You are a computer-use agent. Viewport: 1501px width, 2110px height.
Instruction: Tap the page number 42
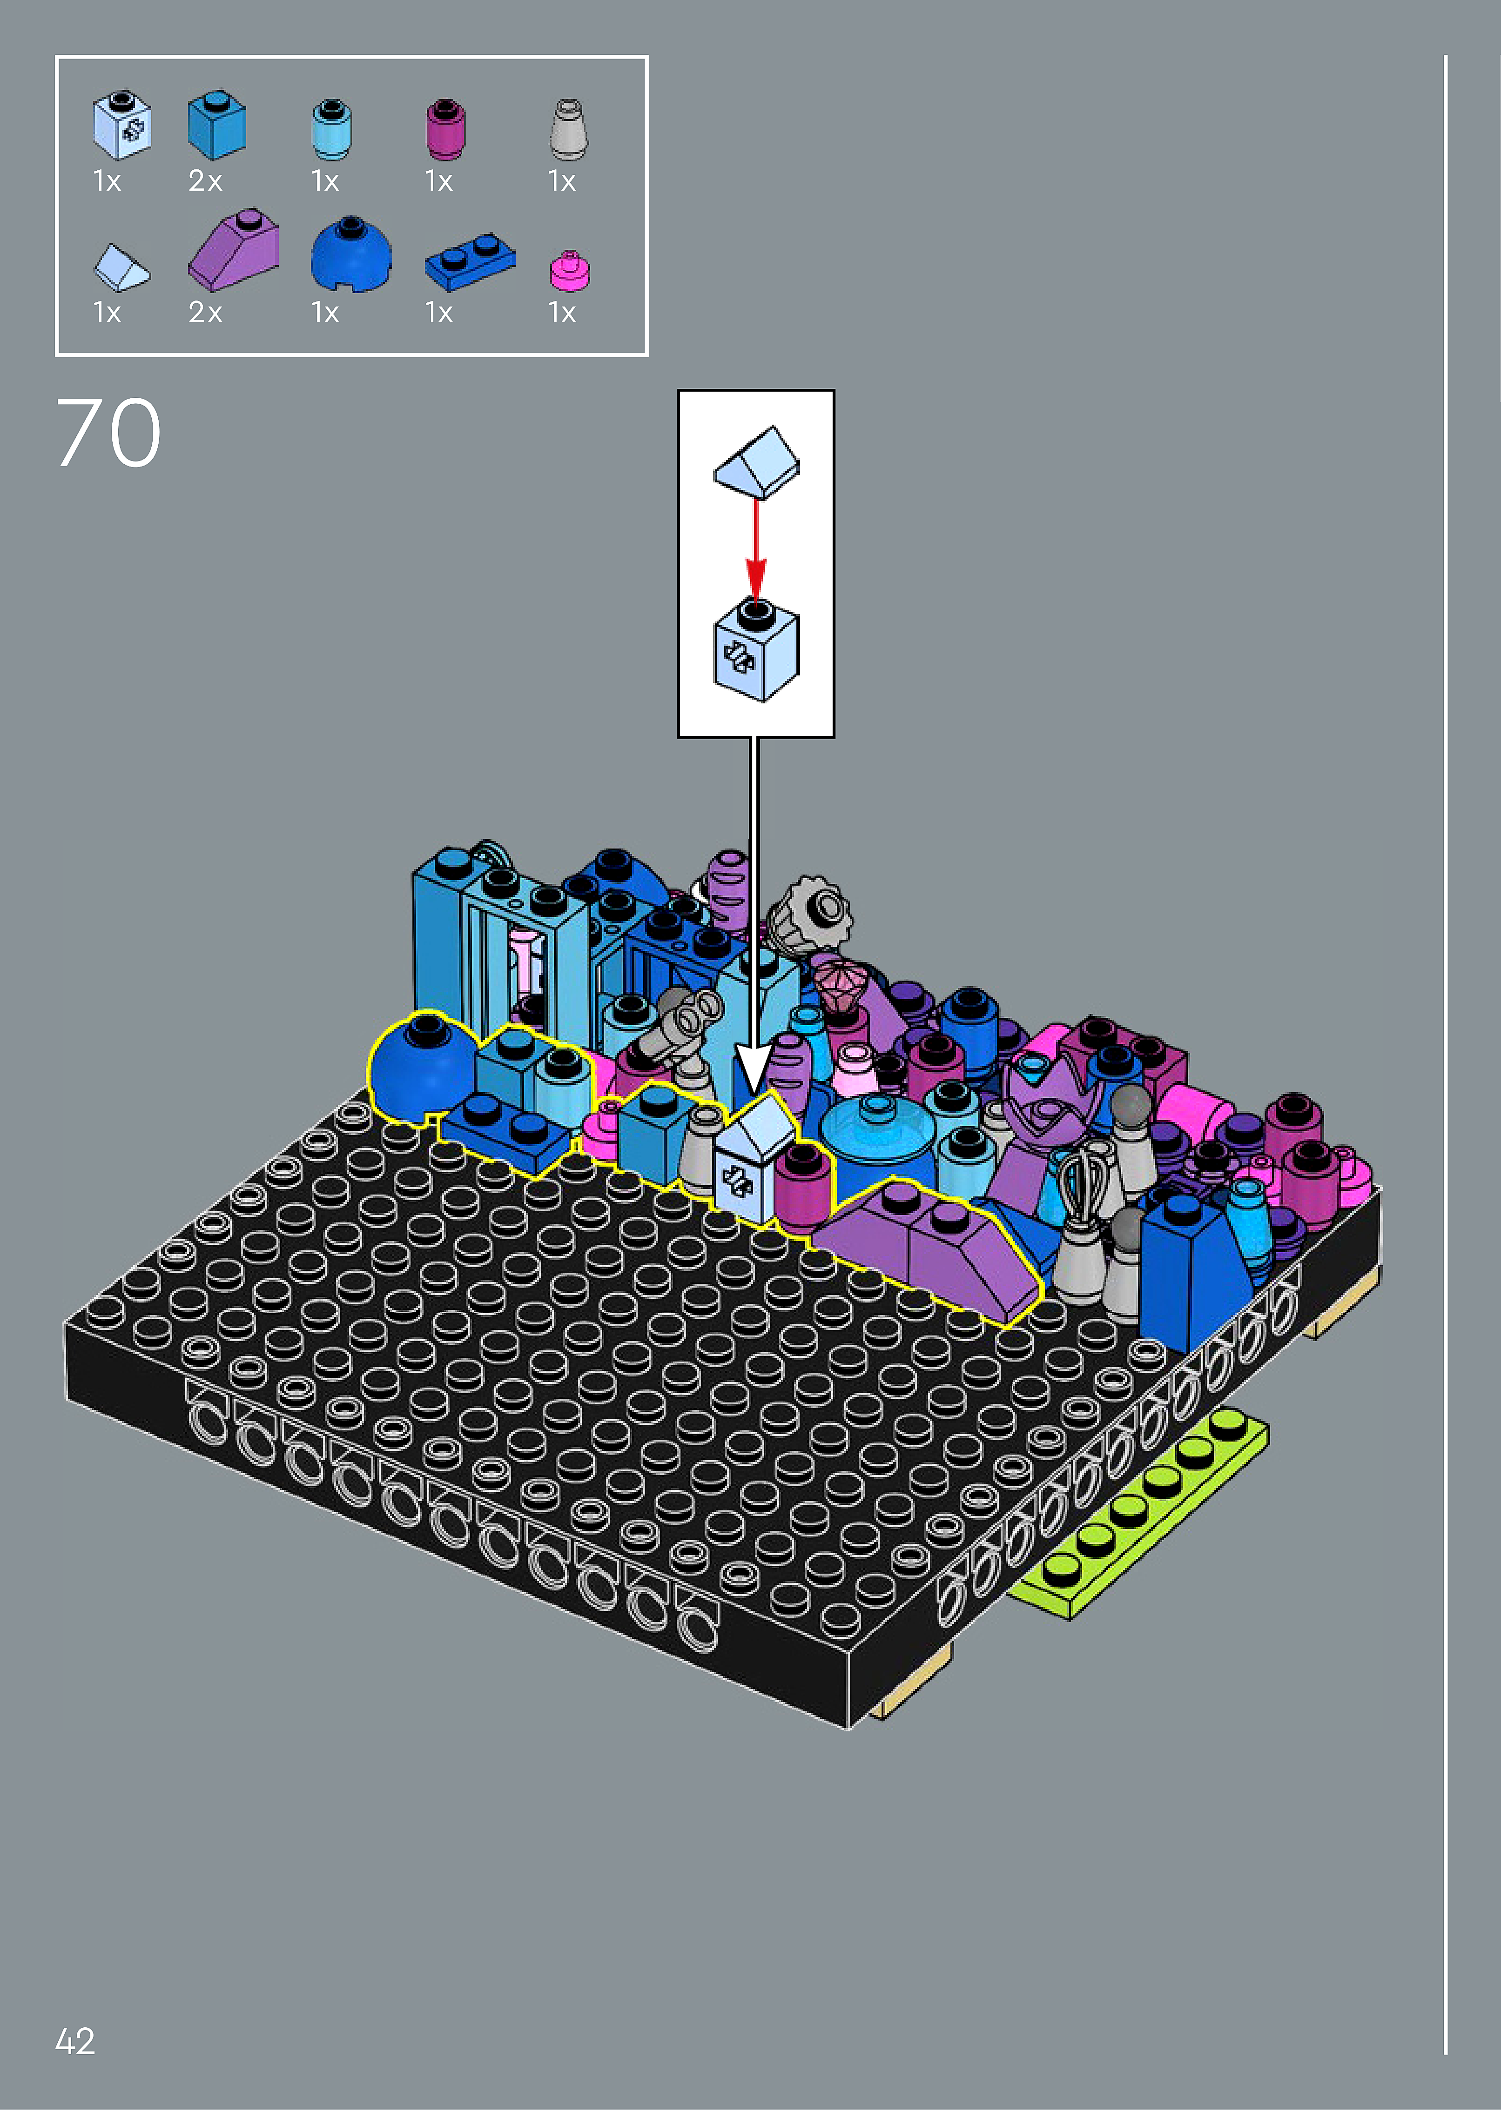point(75,2041)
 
